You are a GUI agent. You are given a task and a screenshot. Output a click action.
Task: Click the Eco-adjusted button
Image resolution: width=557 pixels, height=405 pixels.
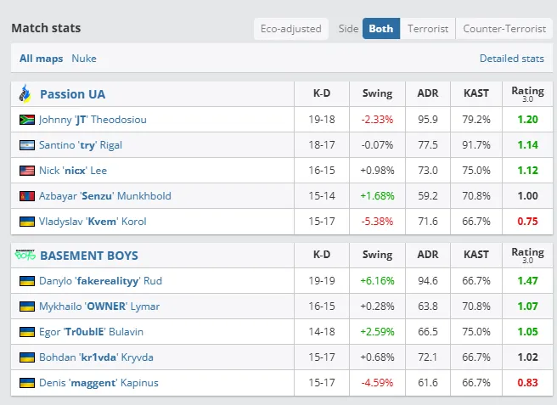[291, 28]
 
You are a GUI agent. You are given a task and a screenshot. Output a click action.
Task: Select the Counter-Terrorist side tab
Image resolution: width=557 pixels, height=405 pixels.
[504, 28]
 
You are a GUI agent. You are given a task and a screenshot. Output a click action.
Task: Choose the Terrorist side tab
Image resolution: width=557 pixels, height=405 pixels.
[428, 28]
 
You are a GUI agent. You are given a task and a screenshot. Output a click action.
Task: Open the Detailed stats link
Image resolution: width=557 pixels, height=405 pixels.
[511, 59]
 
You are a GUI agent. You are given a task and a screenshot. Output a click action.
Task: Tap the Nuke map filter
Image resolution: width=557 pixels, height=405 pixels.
[84, 59]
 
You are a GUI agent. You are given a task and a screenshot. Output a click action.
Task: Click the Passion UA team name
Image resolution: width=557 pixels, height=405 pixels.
[73, 94]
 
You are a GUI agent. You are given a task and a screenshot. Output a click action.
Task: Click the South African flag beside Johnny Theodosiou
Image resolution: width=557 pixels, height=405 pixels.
[26, 120]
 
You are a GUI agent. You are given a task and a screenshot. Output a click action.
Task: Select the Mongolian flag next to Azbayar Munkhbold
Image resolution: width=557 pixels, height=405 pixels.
[26, 196]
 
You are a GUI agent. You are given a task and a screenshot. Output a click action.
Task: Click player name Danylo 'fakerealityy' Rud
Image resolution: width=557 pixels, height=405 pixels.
[100, 280]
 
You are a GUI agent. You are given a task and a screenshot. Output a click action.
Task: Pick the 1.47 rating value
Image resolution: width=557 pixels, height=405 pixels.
[526, 280]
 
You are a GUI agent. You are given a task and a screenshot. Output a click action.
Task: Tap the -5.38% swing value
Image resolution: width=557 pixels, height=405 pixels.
[377, 222]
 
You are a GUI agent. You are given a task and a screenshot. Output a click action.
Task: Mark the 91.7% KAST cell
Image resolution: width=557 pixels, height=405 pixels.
[476, 145]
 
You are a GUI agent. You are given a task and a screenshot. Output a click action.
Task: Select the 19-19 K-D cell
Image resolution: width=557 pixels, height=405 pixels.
[322, 280]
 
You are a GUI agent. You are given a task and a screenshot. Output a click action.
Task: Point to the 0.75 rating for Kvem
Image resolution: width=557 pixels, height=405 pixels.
[526, 222]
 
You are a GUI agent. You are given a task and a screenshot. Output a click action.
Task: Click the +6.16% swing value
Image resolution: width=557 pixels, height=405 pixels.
[377, 280]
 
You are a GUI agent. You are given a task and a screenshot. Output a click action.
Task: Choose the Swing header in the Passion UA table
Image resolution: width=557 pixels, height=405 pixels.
[377, 94]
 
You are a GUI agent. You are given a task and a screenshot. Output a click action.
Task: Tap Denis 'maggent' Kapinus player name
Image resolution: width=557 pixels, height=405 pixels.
[98, 382]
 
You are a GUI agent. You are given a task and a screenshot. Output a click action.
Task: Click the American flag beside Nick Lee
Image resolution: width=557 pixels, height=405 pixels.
[26, 171]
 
